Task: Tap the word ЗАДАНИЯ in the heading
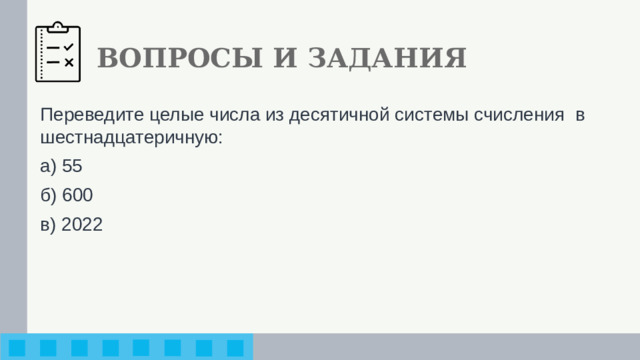(x=386, y=58)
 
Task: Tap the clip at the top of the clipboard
(x=59, y=24)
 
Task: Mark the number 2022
(x=81, y=224)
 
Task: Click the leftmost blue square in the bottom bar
(x=18, y=348)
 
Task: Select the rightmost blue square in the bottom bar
(x=236, y=348)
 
